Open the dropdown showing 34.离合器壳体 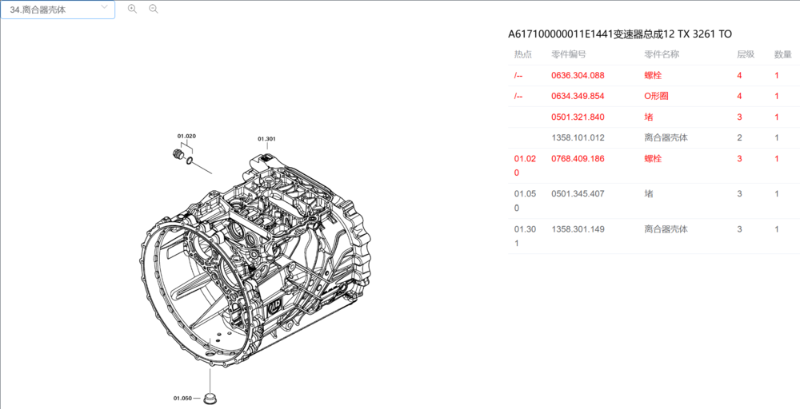pyautogui.click(x=58, y=10)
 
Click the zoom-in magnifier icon pyautogui.click(x=132, y=9)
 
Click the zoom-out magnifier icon pyautogui.click(x=154, y=9)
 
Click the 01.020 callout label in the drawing pyautogui.click(x=186, y=137)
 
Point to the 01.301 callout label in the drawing pyautogui.click(x=266, y=139)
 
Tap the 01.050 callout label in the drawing pyautogui.click(x=182, y=398)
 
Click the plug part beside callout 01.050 pyautogui.click(x=211, y=397)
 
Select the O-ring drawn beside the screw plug pyautogui.click(x=190, y=161)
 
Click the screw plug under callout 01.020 pyautogui.click(x=179, y=154)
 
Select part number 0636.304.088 pyautogui.click(x=578, y=75)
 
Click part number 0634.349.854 pyautogui.click(x=578, y=96)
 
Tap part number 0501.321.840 pyautogui.click(x=578, y=117)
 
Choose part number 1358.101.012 pyautogui.click(x=578, y=137)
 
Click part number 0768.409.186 pyautogui.click(x=578, y=158)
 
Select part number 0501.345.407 pyautogui.click(x=578, y=193)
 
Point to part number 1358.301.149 pyautogui.click(x=578, y=229)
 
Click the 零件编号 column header pyautogui.click(x=569, y=54)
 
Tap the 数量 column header pyautogui.click(x=782, y=54)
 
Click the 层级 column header pyautogui.click(x=745, y=54)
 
